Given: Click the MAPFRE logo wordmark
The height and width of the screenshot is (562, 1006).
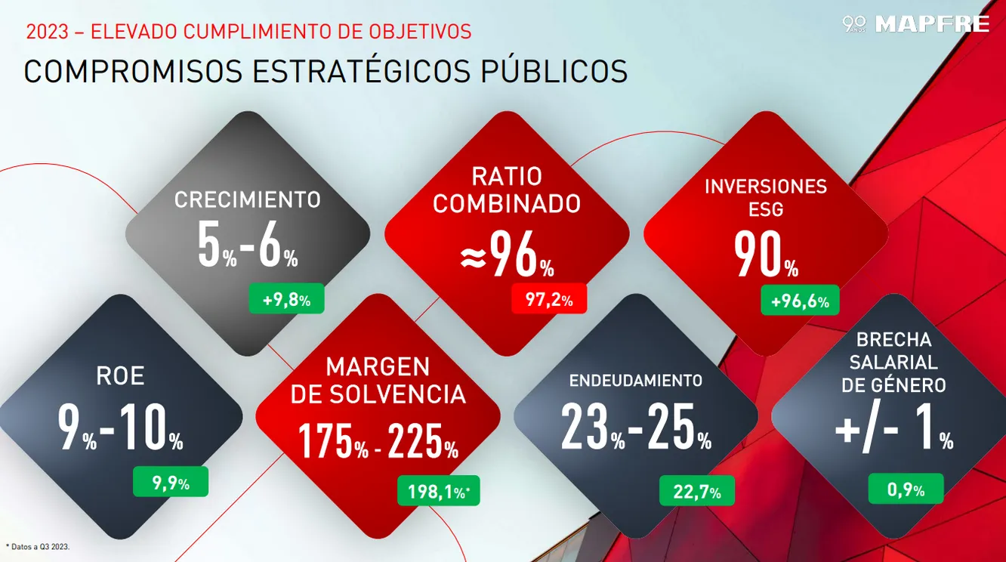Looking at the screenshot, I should coord(931,24).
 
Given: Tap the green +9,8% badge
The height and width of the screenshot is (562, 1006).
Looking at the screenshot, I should coord(286,299).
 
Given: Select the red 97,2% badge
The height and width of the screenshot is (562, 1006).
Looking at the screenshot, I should coord(549,299).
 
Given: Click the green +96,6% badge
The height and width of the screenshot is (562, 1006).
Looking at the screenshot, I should coord(800,301).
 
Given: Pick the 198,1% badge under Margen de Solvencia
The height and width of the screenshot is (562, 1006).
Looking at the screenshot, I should coord(439,492).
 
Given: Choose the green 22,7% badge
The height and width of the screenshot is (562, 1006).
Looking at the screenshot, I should coord(697,493).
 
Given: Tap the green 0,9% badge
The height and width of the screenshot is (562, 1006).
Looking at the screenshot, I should coord(906,489).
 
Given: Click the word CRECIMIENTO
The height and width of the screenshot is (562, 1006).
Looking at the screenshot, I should coord(248,200).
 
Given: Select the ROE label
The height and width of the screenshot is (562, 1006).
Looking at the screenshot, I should coord(120,376).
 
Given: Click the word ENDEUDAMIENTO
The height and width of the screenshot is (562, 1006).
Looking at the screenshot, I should coord(635,381).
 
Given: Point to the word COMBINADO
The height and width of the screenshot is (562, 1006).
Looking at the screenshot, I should coord(507,204).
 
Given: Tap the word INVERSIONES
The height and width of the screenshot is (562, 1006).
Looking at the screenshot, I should coord(766,187).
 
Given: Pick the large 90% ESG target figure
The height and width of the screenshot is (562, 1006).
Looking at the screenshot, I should coord(766,256).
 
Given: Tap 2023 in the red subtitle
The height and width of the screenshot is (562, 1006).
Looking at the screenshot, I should coord(46,32).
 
